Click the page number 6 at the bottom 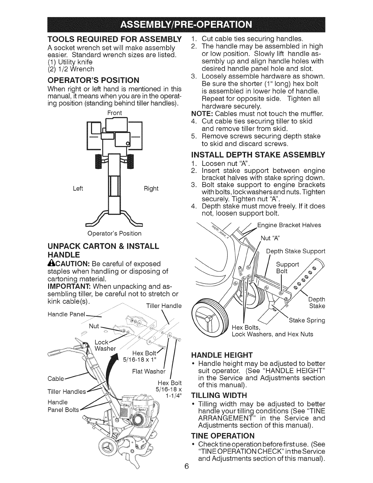[x=187, y=475]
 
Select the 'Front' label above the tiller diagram [x=115, y=113]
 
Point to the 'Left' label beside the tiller [x=78, y=188]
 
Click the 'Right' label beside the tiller [x=151, y=188]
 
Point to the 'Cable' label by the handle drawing [x=56, y=379]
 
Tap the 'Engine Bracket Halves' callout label [x=289, y=225]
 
